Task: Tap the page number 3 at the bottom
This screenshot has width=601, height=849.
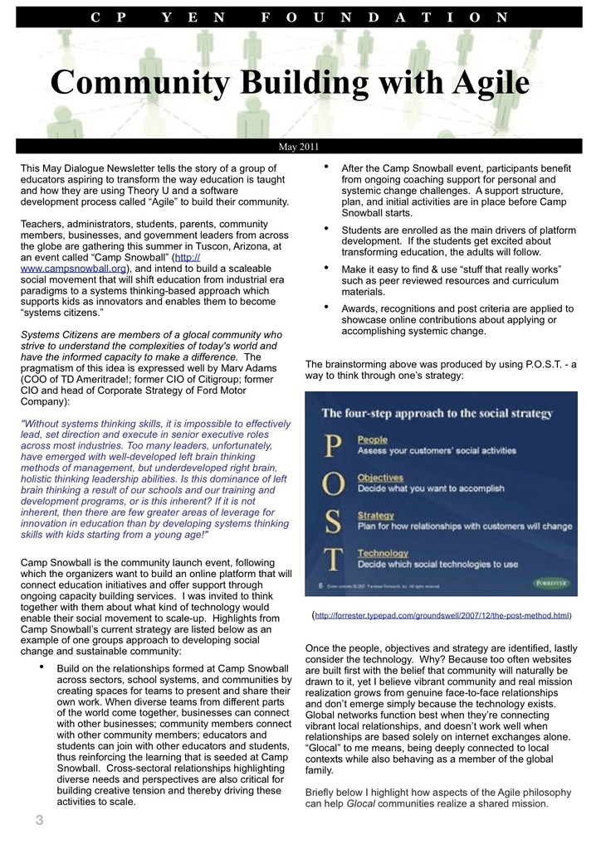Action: tap(39, 821)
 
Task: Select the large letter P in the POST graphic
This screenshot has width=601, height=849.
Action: tap(332, 447)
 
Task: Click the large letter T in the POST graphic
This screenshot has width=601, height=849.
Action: tap(332, 560)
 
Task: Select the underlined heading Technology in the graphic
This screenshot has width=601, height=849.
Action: tap(383, 553)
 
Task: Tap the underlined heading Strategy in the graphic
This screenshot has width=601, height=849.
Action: tap(376, 516)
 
